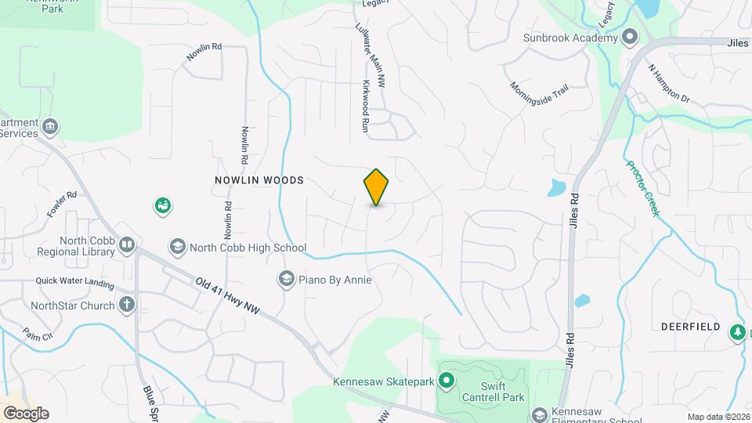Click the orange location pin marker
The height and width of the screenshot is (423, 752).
377,187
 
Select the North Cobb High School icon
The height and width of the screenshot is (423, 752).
177,248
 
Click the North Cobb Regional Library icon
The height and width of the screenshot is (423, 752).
127,247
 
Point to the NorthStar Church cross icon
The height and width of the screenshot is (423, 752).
127,305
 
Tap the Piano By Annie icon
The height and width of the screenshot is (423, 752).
286,279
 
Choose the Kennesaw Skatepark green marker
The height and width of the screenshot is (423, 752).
446,382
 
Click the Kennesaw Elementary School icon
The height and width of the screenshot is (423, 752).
539,414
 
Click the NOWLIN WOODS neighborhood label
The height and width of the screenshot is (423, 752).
258,180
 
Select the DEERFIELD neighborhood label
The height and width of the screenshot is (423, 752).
690,326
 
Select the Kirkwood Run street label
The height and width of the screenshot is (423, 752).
365,105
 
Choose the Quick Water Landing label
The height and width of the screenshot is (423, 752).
73,281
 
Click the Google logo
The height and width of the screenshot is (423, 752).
26,413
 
